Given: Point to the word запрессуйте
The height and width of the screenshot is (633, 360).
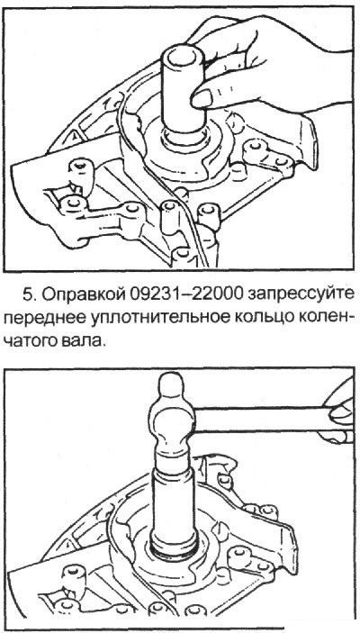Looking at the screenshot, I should click(302, 295).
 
